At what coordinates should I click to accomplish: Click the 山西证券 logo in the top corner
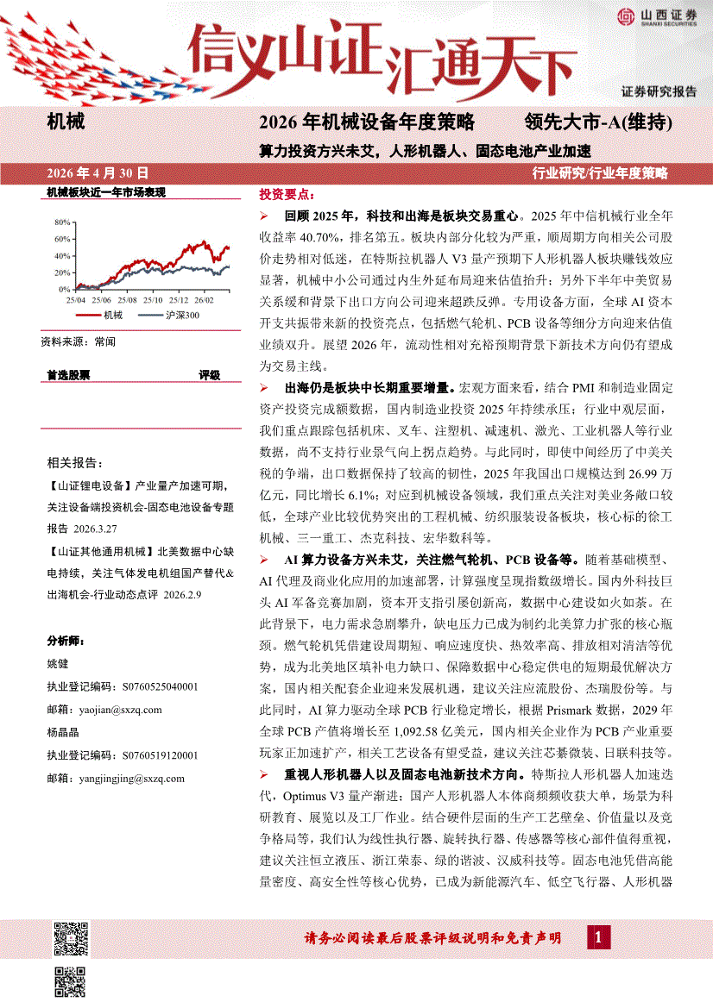coord(656,17)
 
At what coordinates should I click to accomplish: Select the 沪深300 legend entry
coord(179,316)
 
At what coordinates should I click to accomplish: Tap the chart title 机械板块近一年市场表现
coord(105,192)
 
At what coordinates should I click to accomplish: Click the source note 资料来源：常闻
coord(78,341)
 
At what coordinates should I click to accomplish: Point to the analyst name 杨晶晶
coord(62,733)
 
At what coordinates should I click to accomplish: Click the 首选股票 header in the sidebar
coord(68,375)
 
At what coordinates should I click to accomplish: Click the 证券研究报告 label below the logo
coord(659,91)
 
